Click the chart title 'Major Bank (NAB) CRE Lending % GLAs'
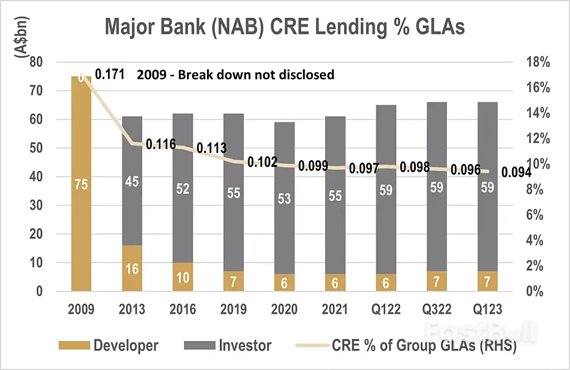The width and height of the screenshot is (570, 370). click(284, 27)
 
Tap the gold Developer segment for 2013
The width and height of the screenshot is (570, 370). click(132, 268)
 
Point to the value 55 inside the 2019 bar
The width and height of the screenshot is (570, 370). click(233, 193)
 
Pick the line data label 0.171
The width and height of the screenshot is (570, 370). click(110, 74)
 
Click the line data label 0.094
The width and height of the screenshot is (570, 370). click(516, 172)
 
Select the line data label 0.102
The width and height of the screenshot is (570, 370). click(262, 162)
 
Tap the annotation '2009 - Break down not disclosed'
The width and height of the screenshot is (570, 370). click(235, 74)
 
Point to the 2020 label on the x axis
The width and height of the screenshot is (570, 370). click(284, 309)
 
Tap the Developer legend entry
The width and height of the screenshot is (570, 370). click(108, 346)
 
